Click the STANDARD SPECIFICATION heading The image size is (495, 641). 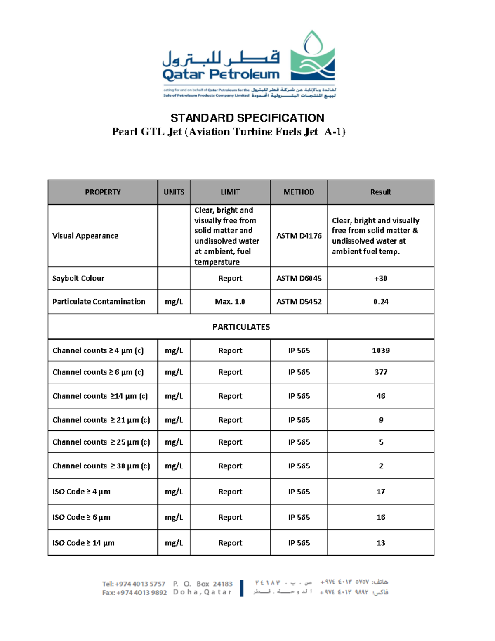[x=247, y=118]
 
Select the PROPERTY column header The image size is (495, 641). [x=103, y=192]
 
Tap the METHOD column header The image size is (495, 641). [x=299, y=192]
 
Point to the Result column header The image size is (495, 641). [x=380, y=192]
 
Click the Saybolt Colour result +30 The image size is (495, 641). [x=380, y=279]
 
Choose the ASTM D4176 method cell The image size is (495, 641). [x=299, y=236]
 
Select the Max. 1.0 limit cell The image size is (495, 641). [x=230, y=302]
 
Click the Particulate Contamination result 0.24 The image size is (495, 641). [x=380, y=302]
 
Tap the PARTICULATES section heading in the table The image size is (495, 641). [x=241, y=327]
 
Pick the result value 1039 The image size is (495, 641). [x=380, y=350]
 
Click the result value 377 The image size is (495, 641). [x=380, y=372]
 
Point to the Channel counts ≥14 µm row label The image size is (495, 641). [x=100, y=396]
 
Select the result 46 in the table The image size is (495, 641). [x=380, y=396]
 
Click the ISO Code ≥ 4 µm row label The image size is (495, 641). [x=81, y=492]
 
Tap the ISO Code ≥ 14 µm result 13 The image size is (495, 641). [x=380, y=543]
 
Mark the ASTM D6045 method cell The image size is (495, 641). [x=299, y=279]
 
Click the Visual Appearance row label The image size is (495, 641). [x=85, y=236]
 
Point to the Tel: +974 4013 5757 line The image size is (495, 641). [x=134, y=584]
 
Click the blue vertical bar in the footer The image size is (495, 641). [x=242, y=588]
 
